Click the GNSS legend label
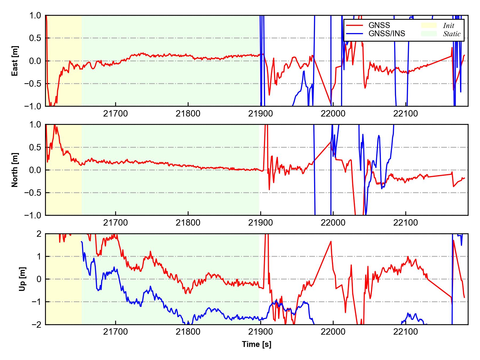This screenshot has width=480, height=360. click(x=379, y=25)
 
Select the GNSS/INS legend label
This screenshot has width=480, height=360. click(x=387, y=34)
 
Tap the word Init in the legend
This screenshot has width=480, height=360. click(x=449, y=26)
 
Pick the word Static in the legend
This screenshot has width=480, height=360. click(x=452, y=34)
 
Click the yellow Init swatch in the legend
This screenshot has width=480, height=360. click(x=429, y=25)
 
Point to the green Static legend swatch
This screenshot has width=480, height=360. click(x=429, y=34)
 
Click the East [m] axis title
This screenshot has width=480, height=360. click(x=15, y=61)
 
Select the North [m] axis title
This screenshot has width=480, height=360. click(x=15, y=170)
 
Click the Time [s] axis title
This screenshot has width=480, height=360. click(x=257, y=344)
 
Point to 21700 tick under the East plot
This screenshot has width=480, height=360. click(x=115, y=114)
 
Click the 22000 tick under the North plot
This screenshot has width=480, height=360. click(x=333, y=223)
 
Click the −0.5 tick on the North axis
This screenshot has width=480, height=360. click(x=33, y=193)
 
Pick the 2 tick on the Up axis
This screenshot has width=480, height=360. click(x=39, y=234)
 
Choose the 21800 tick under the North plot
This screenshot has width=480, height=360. click(x=188, y=223)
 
